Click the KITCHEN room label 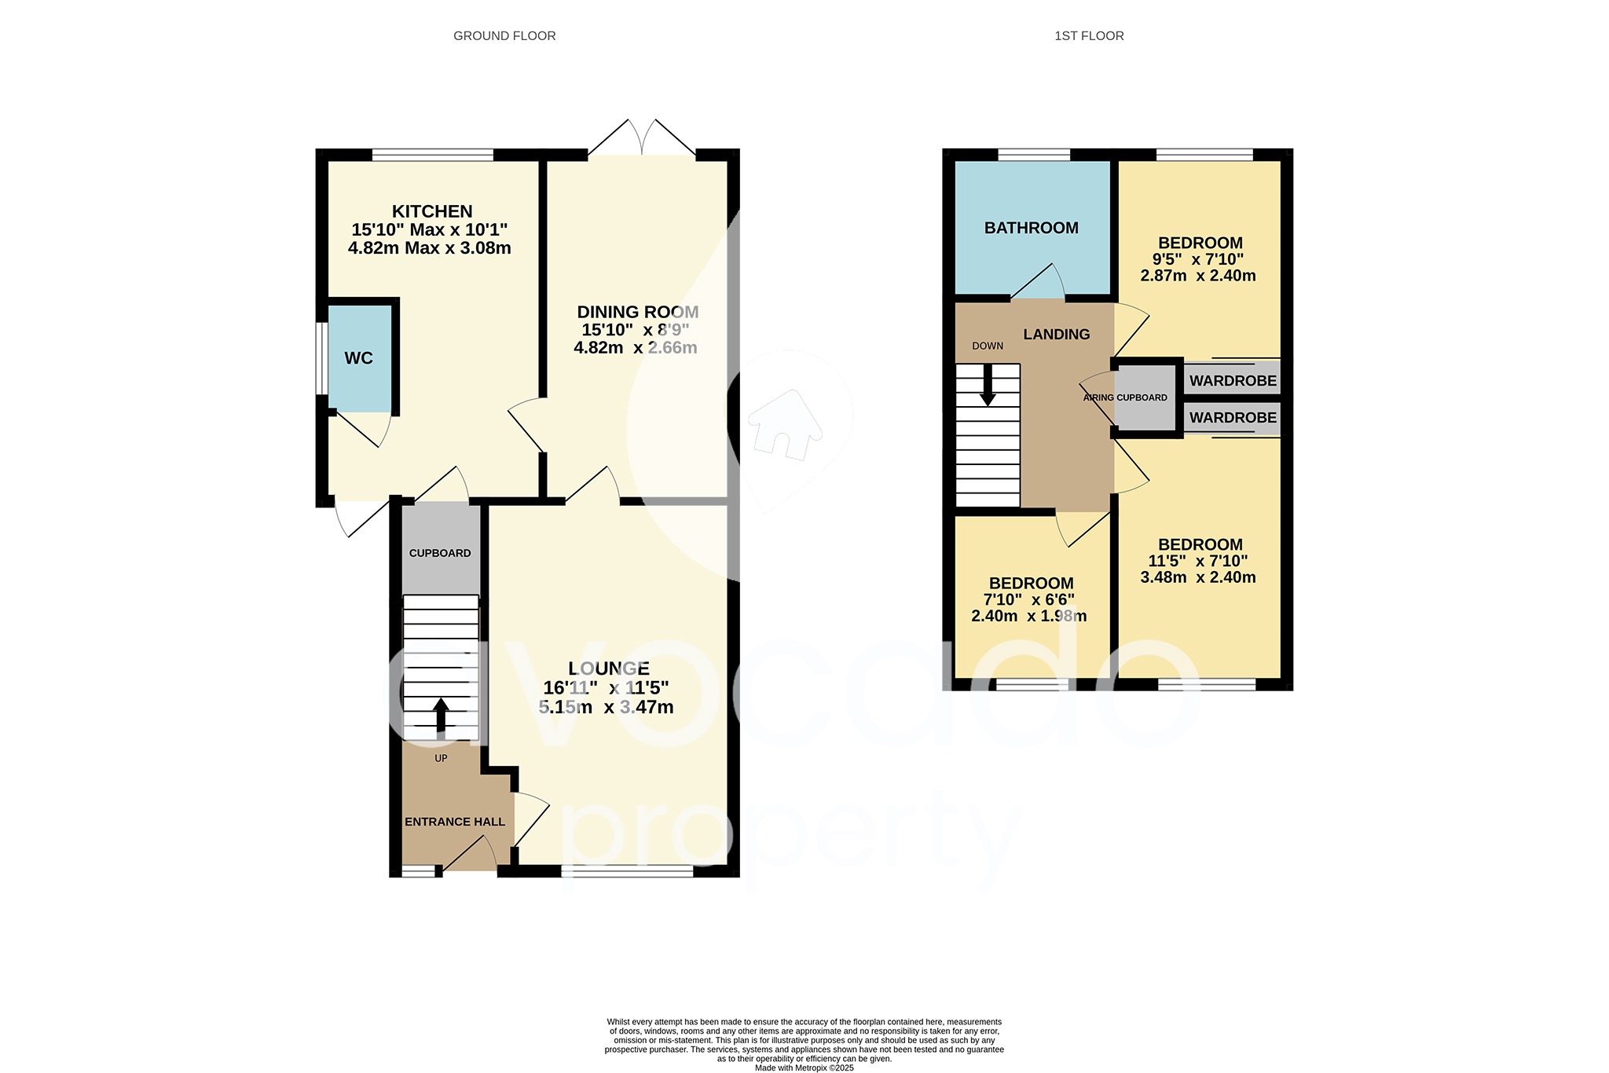pyautogui.click(x=432, y=211)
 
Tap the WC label pyautogui.click(x=358, y=358)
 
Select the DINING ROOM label pyautogui.click(x=637, y=312)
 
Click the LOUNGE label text pyautogui.click(x=608, y=668)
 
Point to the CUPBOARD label pyautogui.click(x=440, y=553)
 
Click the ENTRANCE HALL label pyautogui.click(x=454, y=822)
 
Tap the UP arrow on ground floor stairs pyautogui.click(x=441, y=716)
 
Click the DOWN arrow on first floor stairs pyautogui.click(x=988, y=386)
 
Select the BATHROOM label pyautogui.click(x=1031, y=228)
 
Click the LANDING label pyautogui.click(x=1056, y=334)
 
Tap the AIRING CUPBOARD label pyautogui.click(x=1125, y=397)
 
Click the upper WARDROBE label pyautogui.click(x=1232, y=381)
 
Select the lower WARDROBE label pyautogui.click(x=1232, y=418)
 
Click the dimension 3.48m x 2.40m pyautogui.click(x=1197, y=577)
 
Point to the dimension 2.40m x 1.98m pyautogui.click(x=1028, y=616)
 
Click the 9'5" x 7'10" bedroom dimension pyautogui.click(x=1197, y=259)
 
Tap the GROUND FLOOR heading pyautogui.click(x=504, y=36)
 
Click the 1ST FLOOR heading pyautogui.click(x=1089, y=36)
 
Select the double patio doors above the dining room pyautogui.click(x=642, y=139)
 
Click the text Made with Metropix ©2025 pyautogui.click(x=804, y=1068)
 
